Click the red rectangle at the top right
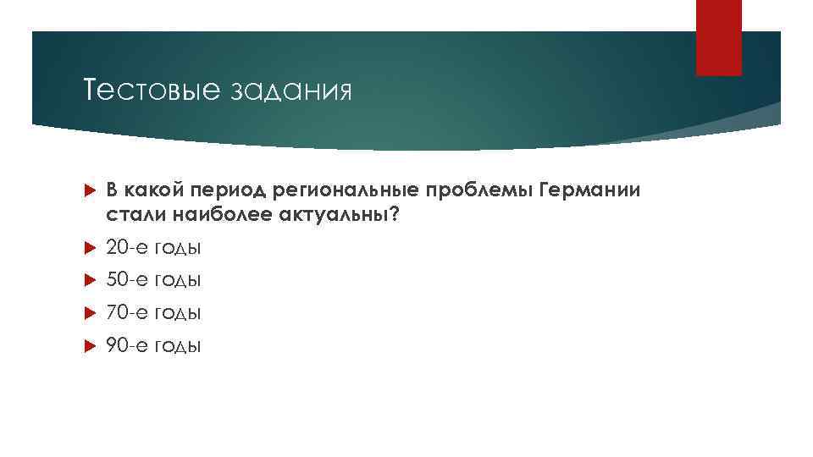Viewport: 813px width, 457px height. click(718, 37)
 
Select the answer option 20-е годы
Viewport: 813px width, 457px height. click(153, 248)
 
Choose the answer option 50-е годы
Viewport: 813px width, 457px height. click(153, 280)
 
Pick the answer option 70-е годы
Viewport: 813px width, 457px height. click(153, 313)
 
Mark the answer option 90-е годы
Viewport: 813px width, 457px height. click(153, 345)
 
